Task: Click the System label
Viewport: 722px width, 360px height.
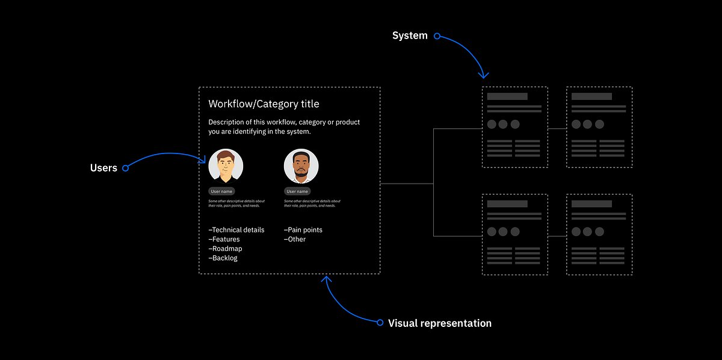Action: click(410, 36)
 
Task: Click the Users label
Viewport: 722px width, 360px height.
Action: click(103, 168)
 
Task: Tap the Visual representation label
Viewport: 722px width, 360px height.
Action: click(439, 323)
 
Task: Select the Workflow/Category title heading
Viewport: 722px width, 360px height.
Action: click(264, 104)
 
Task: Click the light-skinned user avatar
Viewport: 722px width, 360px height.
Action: click(226, 166)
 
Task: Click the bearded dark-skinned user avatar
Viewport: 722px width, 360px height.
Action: click(301, 166)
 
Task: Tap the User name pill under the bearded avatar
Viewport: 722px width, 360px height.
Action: click(297, 191)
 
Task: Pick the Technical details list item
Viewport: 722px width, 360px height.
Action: click(236, 230)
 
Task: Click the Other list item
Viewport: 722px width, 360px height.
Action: click(295, 239)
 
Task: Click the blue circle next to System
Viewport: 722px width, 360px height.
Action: click(437, 36)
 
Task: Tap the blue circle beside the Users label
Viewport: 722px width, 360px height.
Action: click(125, 168)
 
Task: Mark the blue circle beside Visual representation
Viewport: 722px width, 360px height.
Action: click(380, 323)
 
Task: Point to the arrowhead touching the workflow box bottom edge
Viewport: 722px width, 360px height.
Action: click(327, 279)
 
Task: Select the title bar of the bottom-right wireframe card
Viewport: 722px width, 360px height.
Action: click(591, 204)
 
